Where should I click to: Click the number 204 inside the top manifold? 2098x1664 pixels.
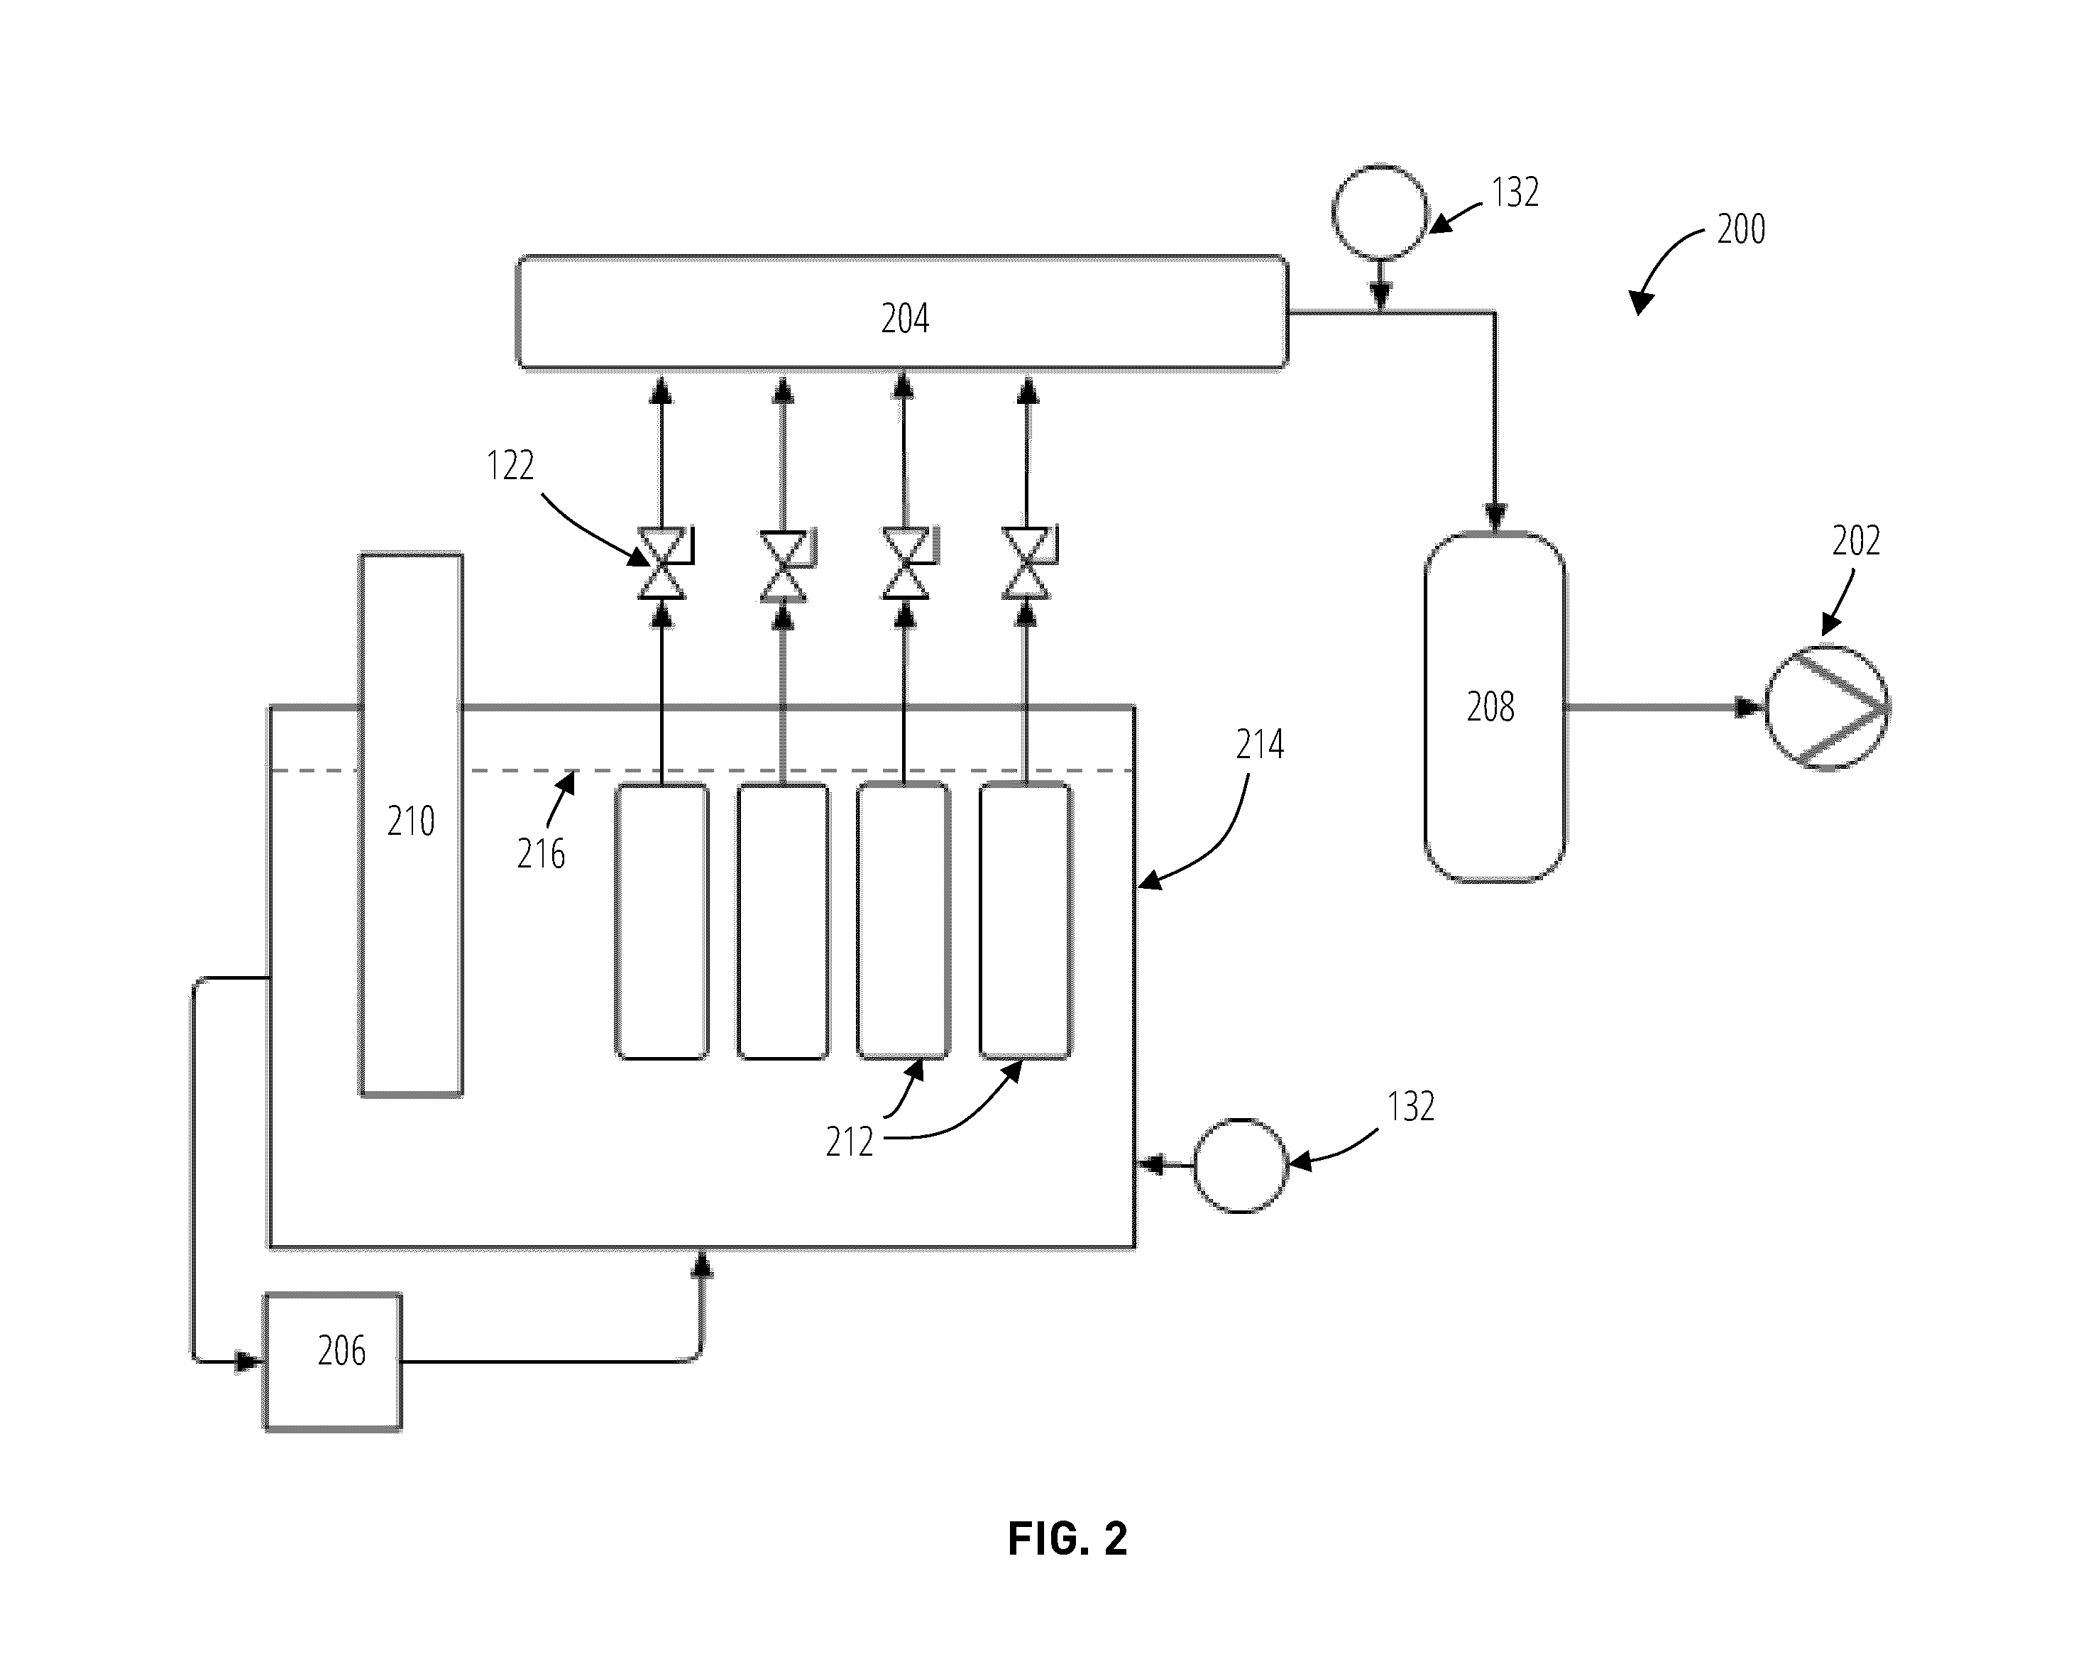point(905,318)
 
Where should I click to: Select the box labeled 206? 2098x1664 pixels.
point(333,1362)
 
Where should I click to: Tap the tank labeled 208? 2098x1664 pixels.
point(1495,708)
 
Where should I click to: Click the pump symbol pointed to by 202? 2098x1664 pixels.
point(1828,708)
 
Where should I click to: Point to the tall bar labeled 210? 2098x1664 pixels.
point(411,824)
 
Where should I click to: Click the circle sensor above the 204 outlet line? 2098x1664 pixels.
point(1380,212)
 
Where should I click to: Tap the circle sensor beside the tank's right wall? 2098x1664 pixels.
point(1241,1165)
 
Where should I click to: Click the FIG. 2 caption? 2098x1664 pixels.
point(1067,1538)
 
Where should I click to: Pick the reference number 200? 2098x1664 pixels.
point(1741,229)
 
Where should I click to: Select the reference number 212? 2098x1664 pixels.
point(850,1142)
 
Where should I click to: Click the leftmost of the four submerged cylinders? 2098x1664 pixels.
point(661,921)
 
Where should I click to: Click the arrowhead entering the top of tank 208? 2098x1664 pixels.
point(1495,518)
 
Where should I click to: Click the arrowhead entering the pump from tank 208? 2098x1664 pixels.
point(1751,708)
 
